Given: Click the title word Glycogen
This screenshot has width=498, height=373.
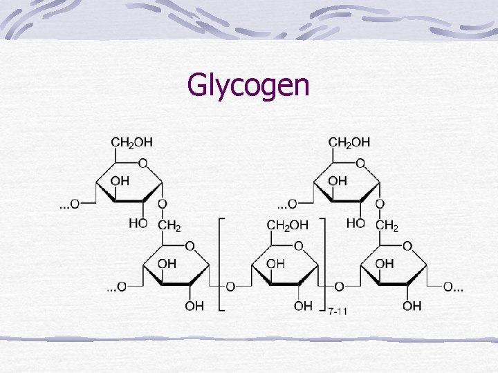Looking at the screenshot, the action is tap(248, 86).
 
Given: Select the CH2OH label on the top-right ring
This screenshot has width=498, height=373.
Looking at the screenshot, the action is tap(349, 142).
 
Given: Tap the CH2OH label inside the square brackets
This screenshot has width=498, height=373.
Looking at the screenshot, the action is tap(287, 225).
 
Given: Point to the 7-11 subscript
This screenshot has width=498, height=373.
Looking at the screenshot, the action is tap(338, 312).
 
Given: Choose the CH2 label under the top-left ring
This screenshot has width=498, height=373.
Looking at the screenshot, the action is tap(169, 225).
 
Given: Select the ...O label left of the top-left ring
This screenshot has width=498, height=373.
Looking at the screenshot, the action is tap(68, 204).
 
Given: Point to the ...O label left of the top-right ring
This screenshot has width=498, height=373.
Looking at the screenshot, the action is tap(287, 204).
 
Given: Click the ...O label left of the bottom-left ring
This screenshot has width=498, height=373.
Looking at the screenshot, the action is tap(116, 287).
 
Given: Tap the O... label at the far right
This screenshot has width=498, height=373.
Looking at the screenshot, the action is tap(453, 287).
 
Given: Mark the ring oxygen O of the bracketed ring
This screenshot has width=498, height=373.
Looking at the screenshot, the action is tap(298, 246).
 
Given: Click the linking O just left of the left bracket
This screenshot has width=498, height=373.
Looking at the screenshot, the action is tap(230, 287).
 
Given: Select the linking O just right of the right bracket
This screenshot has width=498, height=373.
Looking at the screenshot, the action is tap(338, 287).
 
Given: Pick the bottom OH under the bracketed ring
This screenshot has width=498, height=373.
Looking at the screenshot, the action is tap(303, 306).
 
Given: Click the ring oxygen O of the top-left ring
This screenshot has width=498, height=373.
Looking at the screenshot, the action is tap(142, 164).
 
